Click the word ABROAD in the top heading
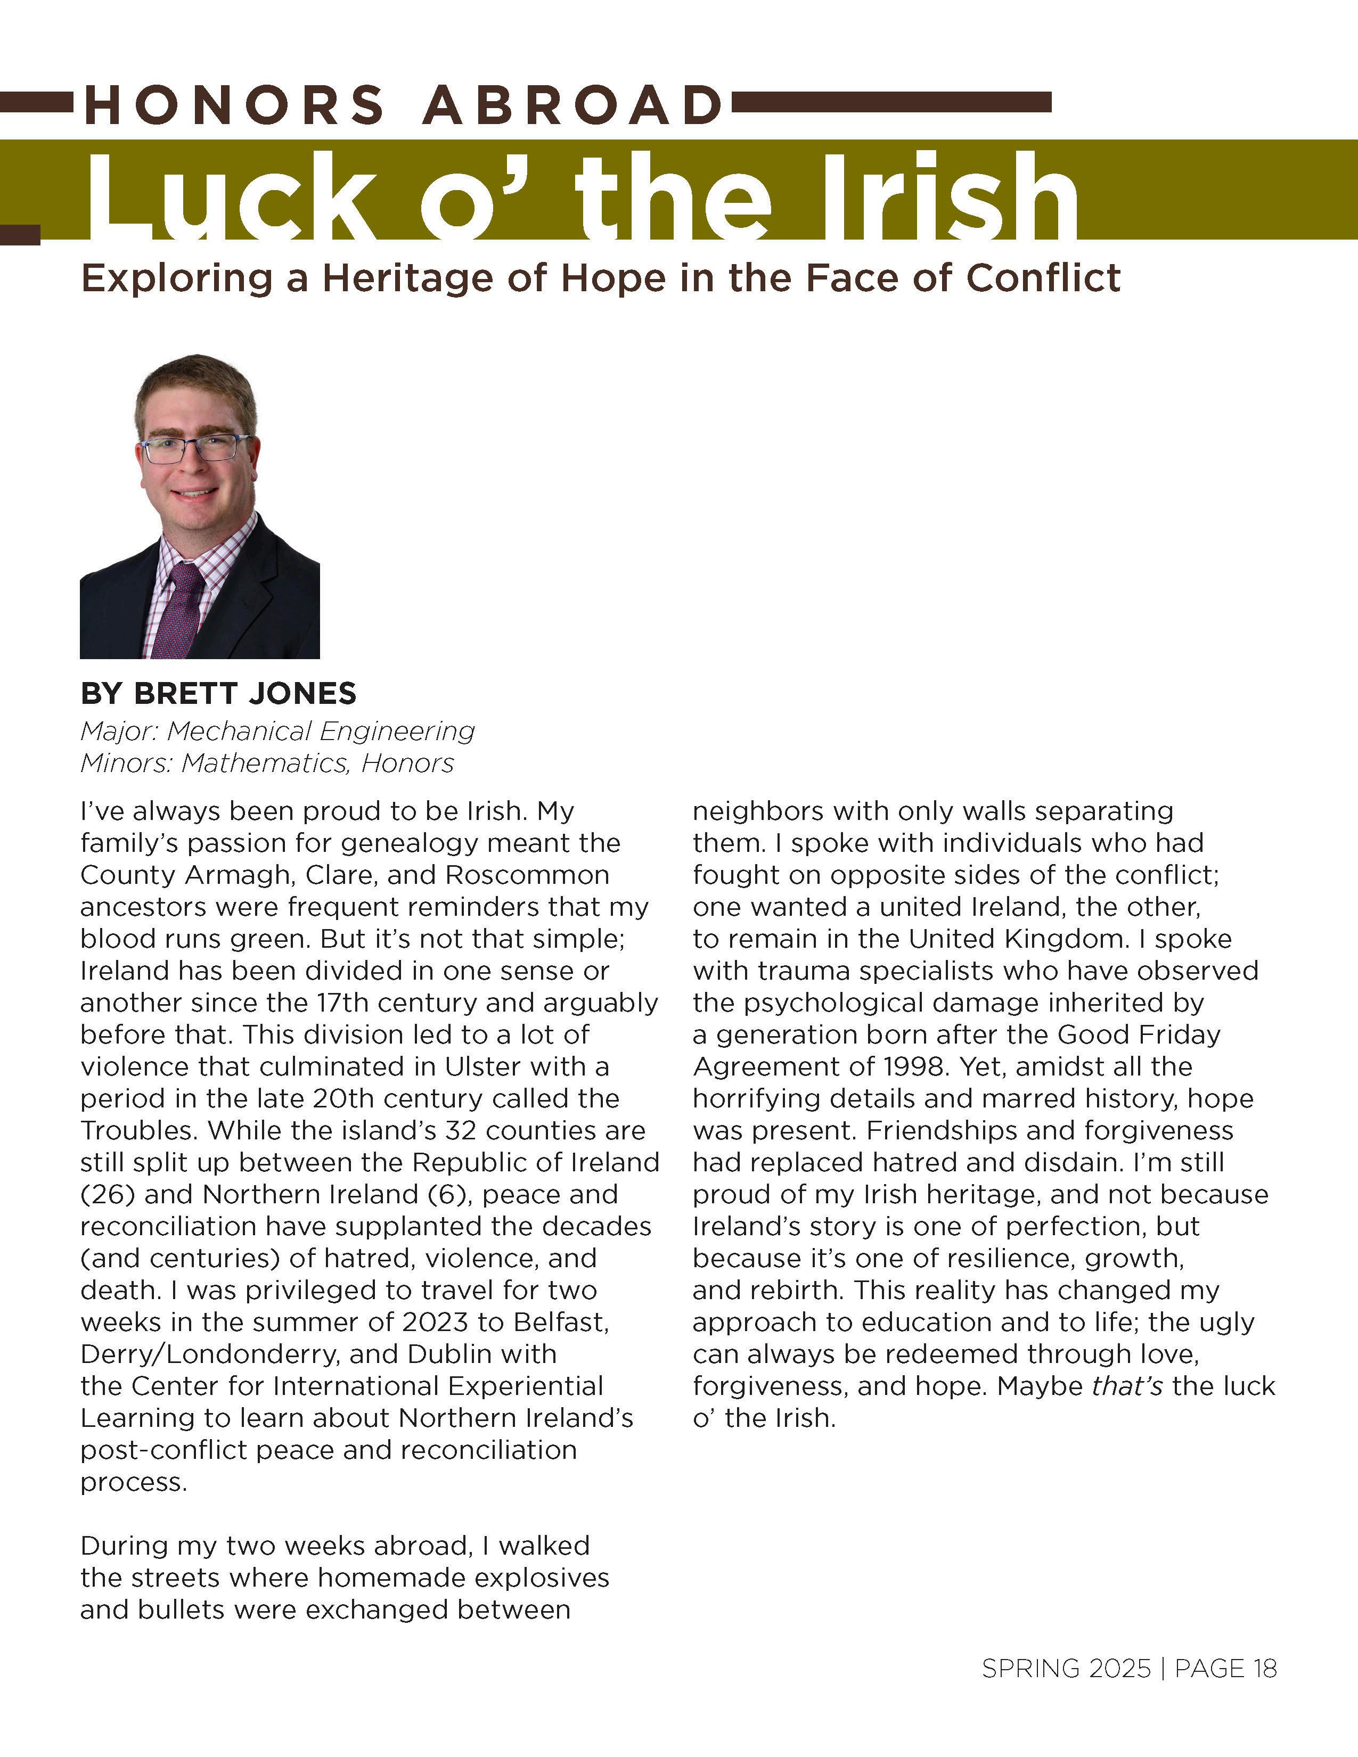(x=572, y=105)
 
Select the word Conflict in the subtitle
(x=1043, y=278)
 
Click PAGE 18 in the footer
(x=1225, y=1669)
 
